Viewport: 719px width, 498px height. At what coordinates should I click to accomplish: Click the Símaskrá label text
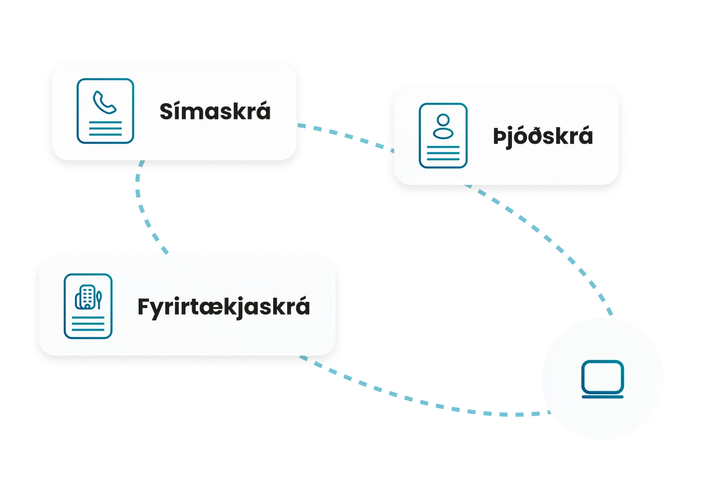[x=215, y=111]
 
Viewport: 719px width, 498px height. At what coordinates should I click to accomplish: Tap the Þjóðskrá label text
[x=543, y=137]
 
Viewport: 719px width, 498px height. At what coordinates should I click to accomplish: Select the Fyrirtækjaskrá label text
[x=223, y=307]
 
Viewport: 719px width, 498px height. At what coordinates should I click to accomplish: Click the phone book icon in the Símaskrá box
[x=105, y=111]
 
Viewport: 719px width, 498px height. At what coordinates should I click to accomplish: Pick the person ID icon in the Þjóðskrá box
[x=443, y=136]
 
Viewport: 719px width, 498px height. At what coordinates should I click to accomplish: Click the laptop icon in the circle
[x=602, y=379]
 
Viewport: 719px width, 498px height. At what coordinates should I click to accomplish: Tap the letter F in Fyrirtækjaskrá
[x=144, y=307]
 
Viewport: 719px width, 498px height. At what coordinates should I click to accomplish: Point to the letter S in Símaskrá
[x=167, y=111]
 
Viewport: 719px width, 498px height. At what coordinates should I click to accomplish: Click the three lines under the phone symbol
[x=105, y=128]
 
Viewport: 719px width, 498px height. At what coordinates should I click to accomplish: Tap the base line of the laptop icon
[x=602, y=396]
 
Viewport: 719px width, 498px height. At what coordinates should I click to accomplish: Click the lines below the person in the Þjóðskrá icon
[x=443, y=153]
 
